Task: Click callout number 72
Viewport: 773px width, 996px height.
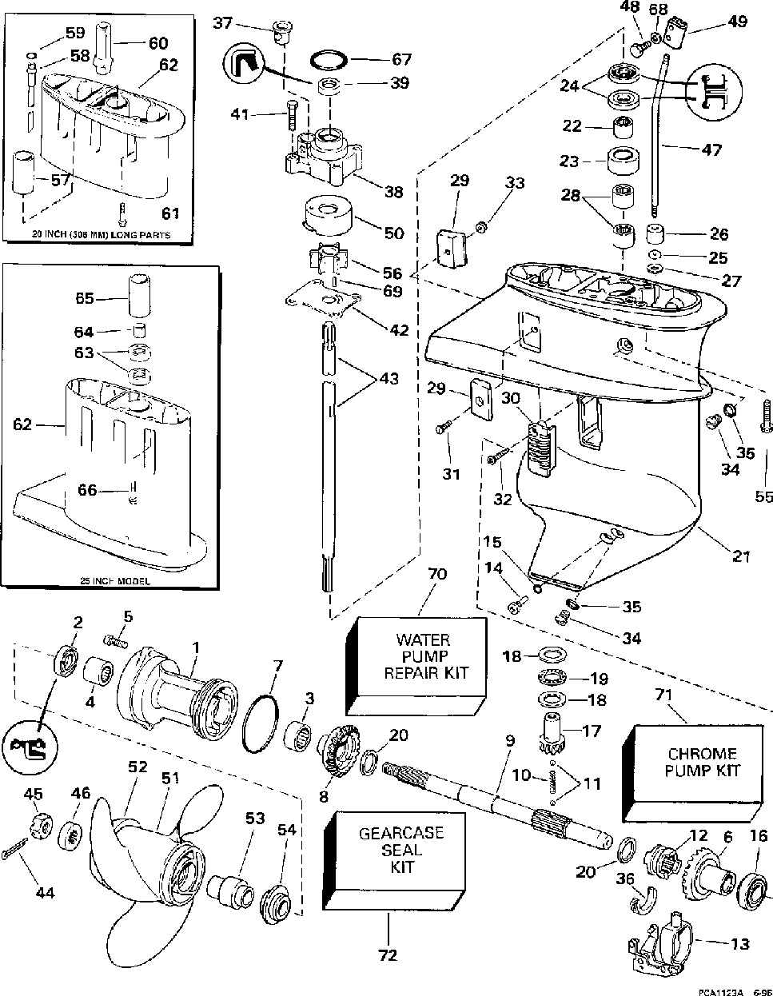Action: (x=389, y=954)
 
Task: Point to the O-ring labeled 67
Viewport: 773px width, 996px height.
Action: (x=328, y=60)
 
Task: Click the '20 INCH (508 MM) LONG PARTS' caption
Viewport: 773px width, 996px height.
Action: (x=101, y=235)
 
